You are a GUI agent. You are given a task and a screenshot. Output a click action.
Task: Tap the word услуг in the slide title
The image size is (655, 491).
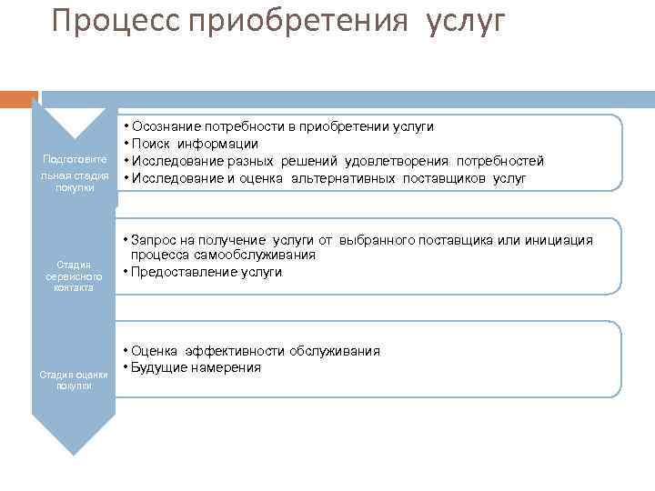click(x=463, y=20)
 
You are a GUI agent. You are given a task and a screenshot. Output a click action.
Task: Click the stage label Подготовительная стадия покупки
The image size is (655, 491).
click(x=75, y=175)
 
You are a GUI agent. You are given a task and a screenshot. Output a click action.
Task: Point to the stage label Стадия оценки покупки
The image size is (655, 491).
click(x=74, y=379)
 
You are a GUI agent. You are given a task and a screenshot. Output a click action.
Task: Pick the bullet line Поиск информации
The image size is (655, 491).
click(x=195, y=144)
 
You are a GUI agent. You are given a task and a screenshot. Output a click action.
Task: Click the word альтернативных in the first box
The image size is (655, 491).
click(x=343, y=178)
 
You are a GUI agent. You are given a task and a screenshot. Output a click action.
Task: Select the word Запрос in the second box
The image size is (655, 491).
click(x=155, y=240)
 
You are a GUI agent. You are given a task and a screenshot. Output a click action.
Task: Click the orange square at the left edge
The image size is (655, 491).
click(x=18, y=98)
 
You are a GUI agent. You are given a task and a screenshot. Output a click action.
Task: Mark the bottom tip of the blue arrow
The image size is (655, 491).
click(x=74, y=453)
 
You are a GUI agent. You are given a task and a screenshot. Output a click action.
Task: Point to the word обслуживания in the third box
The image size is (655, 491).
click(x=335, y=351)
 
